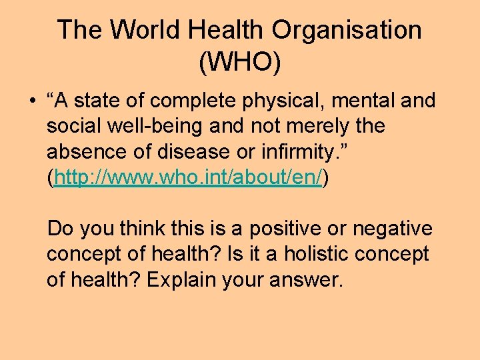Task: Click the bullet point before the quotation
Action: (31, 101)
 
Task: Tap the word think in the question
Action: (141, 229)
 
